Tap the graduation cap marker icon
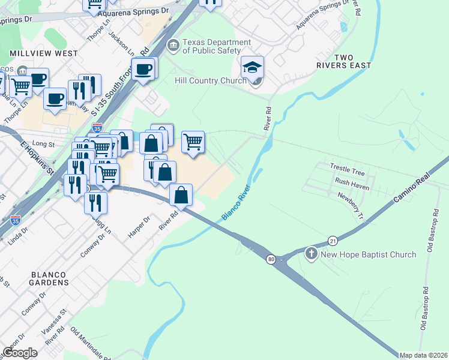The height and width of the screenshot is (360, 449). click(x=253, y=67)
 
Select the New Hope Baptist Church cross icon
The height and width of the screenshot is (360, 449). click(x=311, y=254)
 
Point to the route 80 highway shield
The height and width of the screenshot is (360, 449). click(x=271, y=259)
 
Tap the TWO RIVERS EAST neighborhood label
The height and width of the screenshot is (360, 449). click(x=344, y=61)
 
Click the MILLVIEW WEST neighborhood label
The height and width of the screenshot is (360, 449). click(x=43, y=53)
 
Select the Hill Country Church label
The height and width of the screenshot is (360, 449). click(x=210, y=80)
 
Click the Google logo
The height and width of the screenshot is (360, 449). click(x=20, y=352)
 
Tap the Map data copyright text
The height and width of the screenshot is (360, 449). click(x=423, y=355)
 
